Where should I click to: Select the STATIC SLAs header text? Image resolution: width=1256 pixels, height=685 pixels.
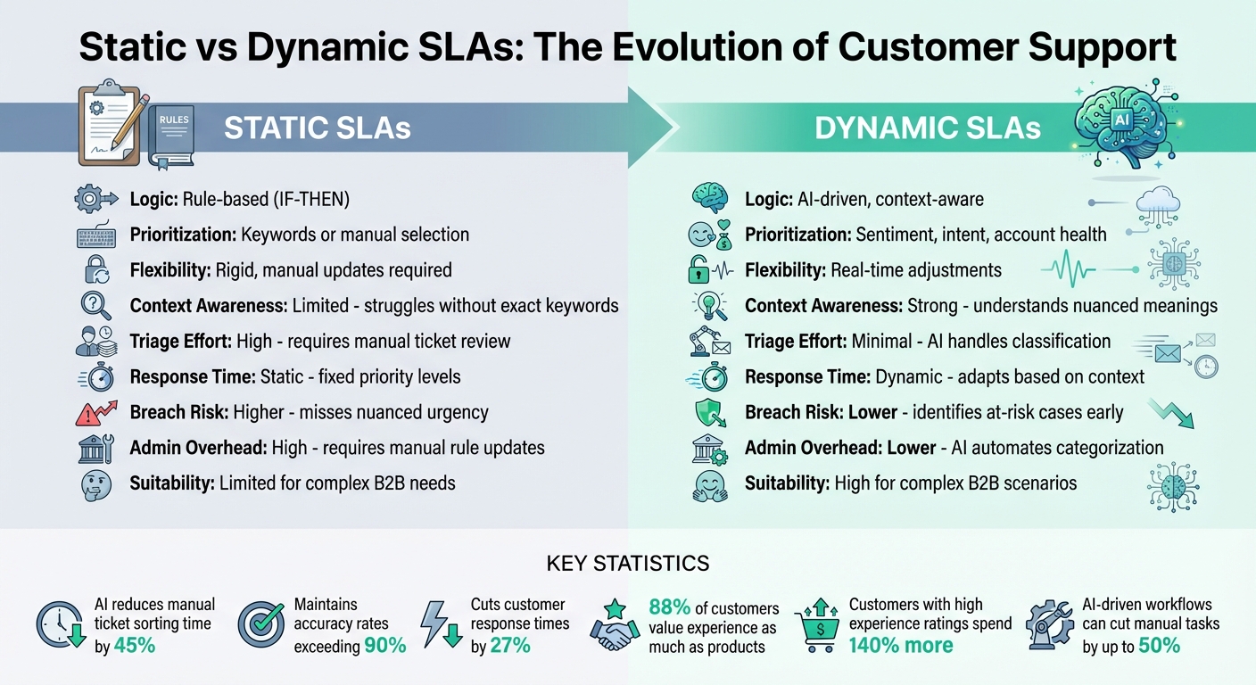pos(317,128)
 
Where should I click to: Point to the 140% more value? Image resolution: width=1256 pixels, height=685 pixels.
pos(902,645)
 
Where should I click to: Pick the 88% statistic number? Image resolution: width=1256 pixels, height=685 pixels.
pos(669,607)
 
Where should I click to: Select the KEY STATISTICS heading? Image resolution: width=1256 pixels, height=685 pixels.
pos(627,564)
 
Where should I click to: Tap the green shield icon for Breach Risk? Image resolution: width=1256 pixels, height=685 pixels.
pos(710,413)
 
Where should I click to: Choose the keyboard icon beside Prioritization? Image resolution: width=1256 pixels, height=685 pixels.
pos(95,235)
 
